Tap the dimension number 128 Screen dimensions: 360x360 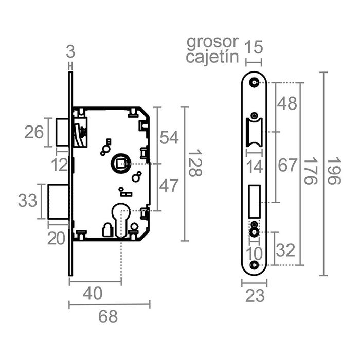[194, 164]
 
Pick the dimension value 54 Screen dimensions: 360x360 [169, 137]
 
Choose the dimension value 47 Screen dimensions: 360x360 [169, 186]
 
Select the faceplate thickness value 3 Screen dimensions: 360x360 [71, 52]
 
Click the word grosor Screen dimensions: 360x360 [212, 41]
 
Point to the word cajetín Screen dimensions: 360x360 [212, 56]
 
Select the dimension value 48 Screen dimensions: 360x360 [287, 103]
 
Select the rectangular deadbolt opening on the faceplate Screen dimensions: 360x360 [254, 201]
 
